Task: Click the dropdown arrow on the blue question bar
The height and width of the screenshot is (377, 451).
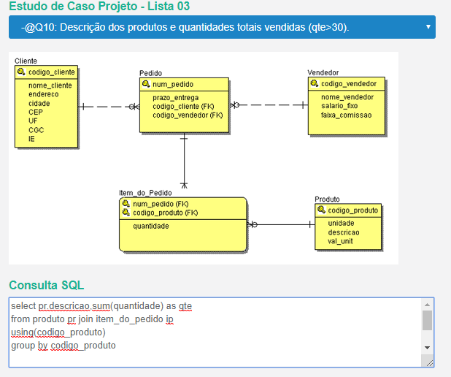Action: [x=428, y=27]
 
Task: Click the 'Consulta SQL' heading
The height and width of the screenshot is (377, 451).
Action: [x=47, y=285]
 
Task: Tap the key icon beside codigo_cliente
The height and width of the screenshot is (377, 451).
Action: [x=21, y=72]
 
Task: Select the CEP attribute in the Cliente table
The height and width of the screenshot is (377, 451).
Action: [x=36, y=112]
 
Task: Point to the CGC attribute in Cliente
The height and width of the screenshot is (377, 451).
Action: [x=36, y=130]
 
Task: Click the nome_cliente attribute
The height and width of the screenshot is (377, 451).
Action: [x=50, y=85]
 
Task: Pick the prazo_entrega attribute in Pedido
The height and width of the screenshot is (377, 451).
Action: [x=175, y=98]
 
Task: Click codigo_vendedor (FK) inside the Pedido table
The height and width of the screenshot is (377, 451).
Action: [x=188, y=115]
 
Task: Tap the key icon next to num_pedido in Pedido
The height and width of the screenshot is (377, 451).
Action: [x=146, y=84]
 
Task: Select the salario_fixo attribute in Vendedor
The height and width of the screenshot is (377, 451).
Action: [x=339, y=106]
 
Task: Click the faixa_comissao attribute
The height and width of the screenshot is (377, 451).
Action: [x=347, y=115]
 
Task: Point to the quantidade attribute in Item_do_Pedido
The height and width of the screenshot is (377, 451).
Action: [x=151, y=226]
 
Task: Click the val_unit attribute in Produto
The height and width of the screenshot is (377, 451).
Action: [x=340, y=241]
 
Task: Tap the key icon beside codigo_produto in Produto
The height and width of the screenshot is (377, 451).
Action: [x=321, y=210]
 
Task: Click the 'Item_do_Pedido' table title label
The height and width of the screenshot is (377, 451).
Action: [x=145, y=193]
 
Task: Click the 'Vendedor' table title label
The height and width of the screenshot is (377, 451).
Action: [x=323, y=72]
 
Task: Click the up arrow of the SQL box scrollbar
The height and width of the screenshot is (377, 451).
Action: [x=427, y=305]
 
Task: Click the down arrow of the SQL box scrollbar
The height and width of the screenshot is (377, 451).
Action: [x=427, y=348]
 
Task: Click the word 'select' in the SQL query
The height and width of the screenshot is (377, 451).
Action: [x=23, y=306]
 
